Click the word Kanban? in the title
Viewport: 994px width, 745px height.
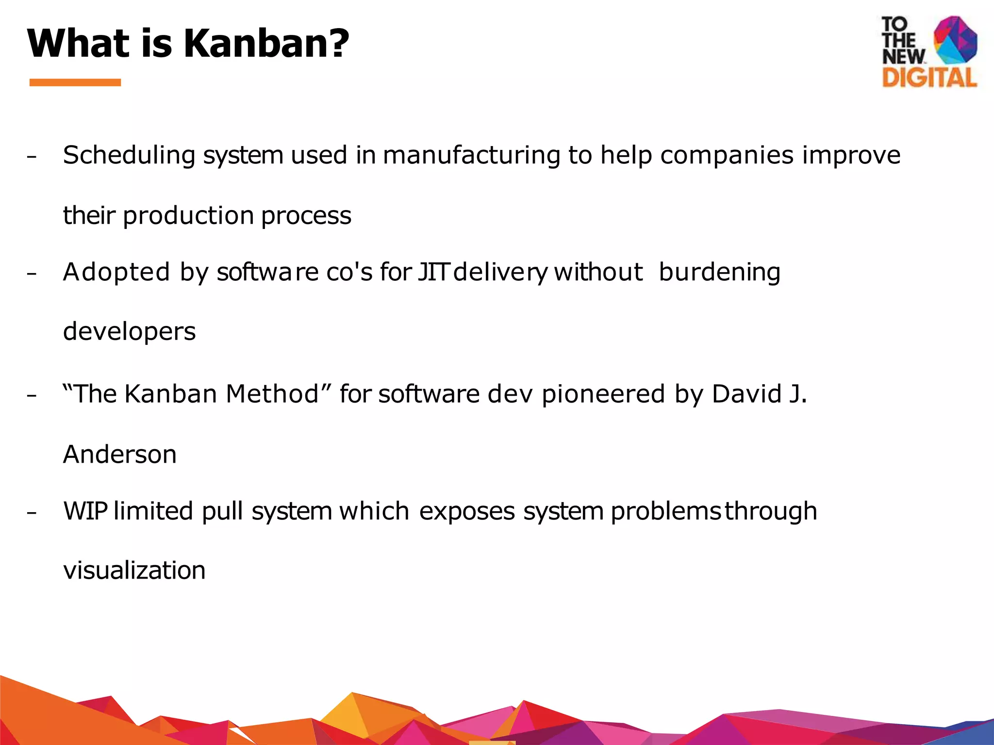coord(266,44)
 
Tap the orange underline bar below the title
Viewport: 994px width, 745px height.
coord(75,82)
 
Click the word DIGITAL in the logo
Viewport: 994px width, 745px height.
coord(929,78)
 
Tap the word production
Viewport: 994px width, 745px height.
coord(188,215)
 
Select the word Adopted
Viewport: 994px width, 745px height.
coord(116,272)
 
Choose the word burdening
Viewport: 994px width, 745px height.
coord(719,272)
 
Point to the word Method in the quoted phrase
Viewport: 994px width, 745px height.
coord(272,393)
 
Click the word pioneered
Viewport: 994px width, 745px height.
coord(603,393)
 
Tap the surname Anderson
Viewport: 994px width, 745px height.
coord(120,454)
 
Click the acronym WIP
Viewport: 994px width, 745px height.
coord(85,511)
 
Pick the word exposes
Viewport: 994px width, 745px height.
coord(466,512)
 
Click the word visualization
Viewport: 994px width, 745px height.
coord(134,570)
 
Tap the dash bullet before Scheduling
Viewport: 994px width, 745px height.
coord(32,157)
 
